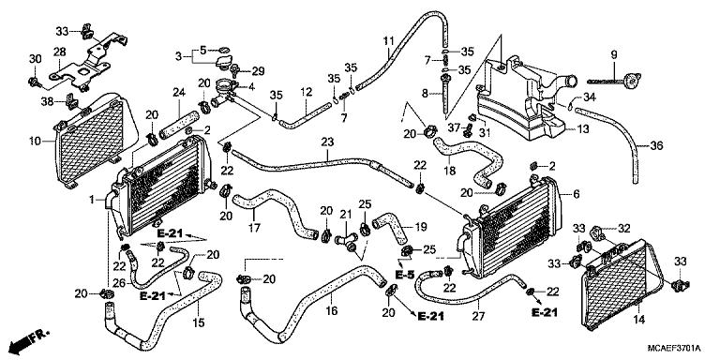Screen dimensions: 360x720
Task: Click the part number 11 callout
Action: tap(388, 40)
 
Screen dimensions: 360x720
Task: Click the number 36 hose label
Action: tap(656, 145)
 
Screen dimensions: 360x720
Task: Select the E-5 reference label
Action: tap(405, 276)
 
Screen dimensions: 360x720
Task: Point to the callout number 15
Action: tap(198, 323)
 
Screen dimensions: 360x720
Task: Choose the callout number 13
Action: tap(582, 128)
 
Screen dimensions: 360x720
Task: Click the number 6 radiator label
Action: tap(576, 193)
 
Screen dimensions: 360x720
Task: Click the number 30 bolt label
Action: tap(35, 59)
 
